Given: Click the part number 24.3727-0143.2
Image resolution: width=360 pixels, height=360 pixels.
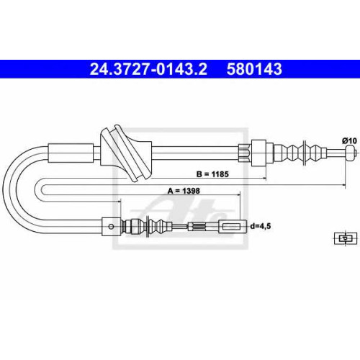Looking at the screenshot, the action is [148, 69].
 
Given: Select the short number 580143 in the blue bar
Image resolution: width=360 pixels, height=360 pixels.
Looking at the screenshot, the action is [254, 69].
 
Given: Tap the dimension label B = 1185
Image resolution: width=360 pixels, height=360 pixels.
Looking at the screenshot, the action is [212, 174].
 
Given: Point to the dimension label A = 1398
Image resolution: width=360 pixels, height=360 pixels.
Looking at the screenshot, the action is [184, 191].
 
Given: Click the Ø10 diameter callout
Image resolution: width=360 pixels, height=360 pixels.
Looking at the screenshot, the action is [350, 141].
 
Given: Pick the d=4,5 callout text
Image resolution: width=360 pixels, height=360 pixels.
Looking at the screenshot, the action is [261, 226].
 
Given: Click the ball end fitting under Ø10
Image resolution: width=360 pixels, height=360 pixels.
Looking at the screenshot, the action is [351, 153].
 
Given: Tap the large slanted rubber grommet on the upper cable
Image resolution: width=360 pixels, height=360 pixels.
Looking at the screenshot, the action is [126, 153].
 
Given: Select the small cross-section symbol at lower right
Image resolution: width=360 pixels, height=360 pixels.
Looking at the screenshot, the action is [346, 238].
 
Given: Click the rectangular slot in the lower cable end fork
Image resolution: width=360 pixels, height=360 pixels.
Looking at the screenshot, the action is [231, 227].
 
